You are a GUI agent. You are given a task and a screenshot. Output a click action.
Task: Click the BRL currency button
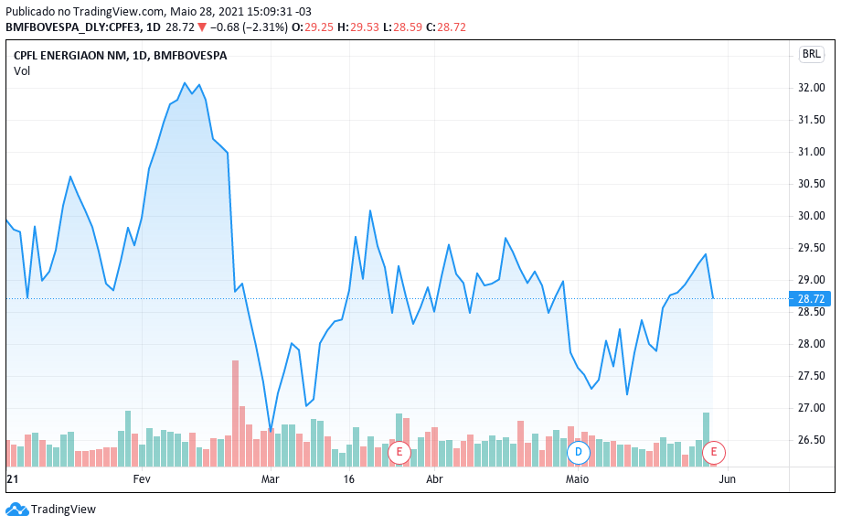coord(811,54)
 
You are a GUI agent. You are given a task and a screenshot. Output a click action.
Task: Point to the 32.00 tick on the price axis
coord(811,88)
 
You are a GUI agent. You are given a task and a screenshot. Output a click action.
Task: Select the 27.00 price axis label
coord(811,408)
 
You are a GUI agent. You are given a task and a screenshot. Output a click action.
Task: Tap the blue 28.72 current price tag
coord(811,299)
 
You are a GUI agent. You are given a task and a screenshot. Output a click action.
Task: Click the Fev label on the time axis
coord(142,478)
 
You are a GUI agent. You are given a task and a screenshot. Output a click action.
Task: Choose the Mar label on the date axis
coord(270,478)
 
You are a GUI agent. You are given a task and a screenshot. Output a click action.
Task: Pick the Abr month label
coord(435,478)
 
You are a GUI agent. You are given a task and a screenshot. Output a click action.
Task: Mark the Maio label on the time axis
coord(577,478)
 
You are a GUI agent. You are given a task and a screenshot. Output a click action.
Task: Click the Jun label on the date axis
coord(727,478)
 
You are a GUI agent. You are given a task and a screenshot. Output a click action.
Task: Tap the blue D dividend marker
coord(578,451)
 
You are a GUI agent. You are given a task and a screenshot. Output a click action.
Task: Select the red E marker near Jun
coord(714,451)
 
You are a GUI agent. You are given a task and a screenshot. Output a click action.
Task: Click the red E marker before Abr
coord(399,451)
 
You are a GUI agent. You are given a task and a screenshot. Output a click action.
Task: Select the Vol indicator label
coord(22,71)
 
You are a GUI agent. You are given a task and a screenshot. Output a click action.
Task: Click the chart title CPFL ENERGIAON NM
coord(69,56)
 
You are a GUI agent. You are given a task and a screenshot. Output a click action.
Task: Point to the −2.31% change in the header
coord(261,27)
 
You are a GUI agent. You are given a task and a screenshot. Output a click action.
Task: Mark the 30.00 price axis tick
coord(811,216)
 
